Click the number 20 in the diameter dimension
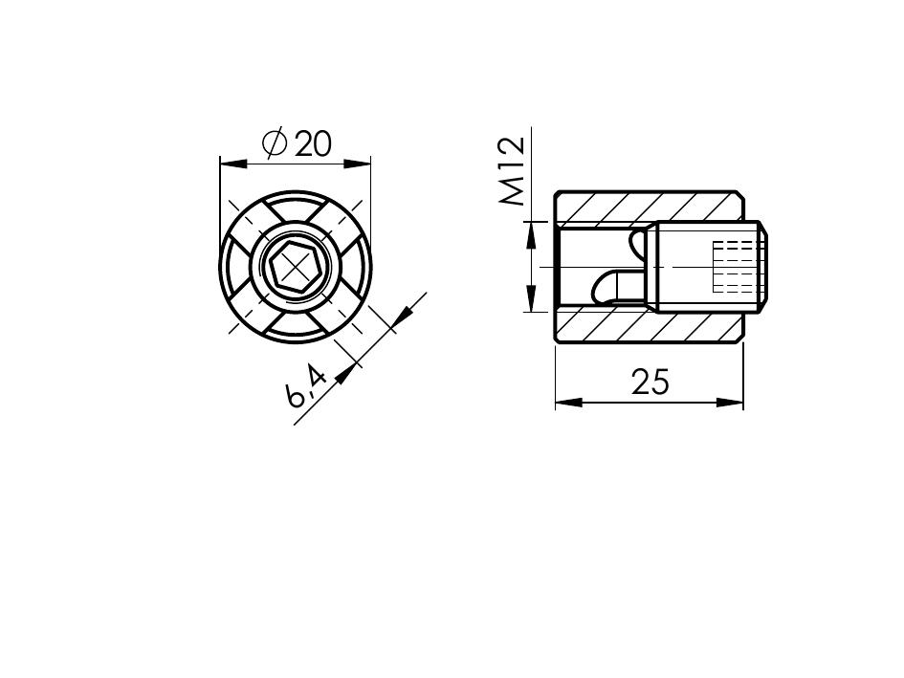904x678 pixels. pos(314,144)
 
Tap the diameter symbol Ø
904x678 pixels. pos(275,143)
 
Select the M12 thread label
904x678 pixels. pos(513,171)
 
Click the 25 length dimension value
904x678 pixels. pos(650,382)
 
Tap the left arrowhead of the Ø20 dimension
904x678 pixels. pos(233,164)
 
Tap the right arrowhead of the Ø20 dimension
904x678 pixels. pos(357,164)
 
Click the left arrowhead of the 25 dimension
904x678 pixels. pos(569,403)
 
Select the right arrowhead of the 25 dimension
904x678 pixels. pos(729,403)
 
